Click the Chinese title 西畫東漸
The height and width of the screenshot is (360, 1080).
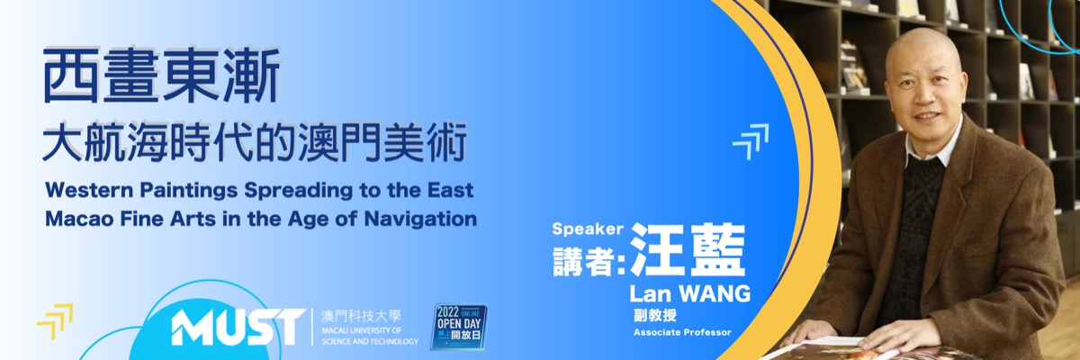coord(161,76)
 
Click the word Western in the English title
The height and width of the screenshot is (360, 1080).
coord(89,191)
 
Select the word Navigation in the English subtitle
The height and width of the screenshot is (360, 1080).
coord(420,219)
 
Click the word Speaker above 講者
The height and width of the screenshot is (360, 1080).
coord(588,229)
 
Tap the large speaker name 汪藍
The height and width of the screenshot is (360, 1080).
coord(688,249)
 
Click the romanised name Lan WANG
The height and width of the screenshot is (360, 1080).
coord(690,293)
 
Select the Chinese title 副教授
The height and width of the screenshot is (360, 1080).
coord(655,315)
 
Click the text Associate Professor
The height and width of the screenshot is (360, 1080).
coord(682,332)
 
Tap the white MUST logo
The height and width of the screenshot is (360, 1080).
coord(238,328)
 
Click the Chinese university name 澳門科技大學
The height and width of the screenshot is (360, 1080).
coord(361,317)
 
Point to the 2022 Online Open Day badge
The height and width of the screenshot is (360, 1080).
coord(458,327)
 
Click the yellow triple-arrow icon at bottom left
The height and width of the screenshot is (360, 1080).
coord(55,321)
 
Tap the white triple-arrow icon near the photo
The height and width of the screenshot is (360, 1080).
coord(751,141)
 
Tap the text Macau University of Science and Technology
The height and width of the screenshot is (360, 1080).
coord(370,336)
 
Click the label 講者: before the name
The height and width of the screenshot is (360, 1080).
coord(589,261)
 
